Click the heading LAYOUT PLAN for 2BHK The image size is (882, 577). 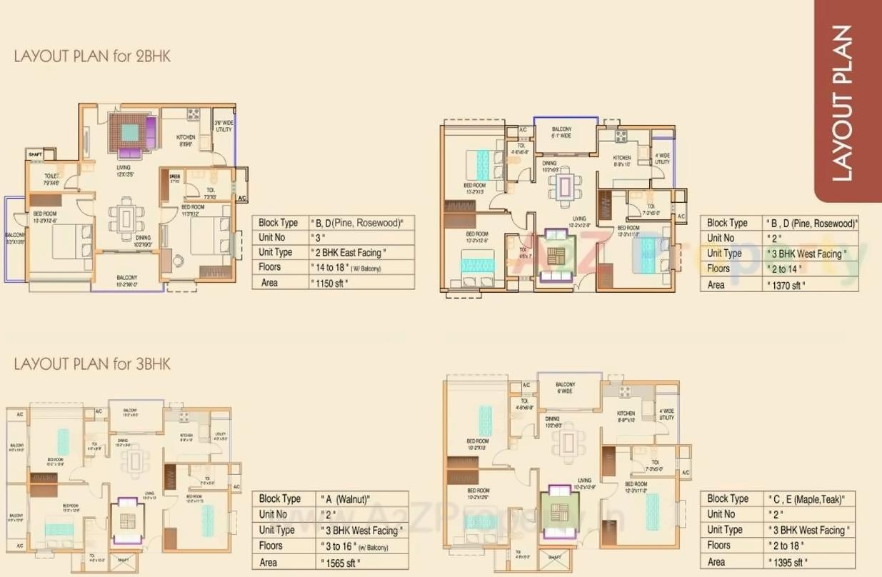(92, 56)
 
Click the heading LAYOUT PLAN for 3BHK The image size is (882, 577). (92, 364)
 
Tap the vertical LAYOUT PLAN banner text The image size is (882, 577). (843, 103)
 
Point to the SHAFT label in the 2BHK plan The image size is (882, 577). (34, 154)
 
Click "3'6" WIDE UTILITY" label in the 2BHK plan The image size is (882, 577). (223, 126)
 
